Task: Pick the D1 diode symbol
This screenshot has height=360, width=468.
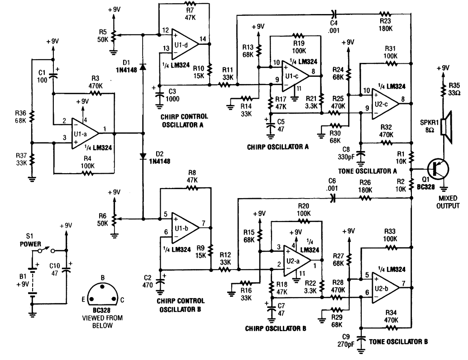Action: (x=143, y=67)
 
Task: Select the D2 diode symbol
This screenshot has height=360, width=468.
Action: (x=143, y=156)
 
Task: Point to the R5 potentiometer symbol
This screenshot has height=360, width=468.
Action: (x=113, y=35)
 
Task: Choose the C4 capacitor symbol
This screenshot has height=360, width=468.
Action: (x=334, y=14)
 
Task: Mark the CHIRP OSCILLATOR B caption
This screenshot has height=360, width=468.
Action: (x=276, y=328)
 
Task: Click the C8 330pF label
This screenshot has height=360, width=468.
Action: (x=348, y=153)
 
